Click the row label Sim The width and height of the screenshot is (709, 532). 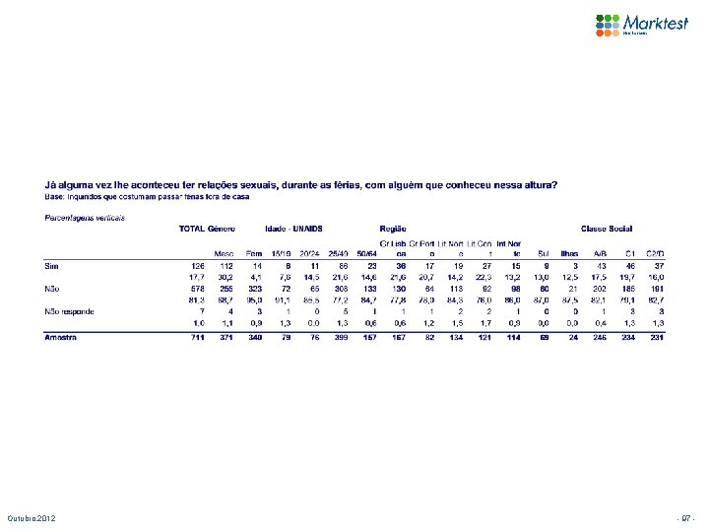click(52, 265)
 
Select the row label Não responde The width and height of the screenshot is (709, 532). click(70, 311)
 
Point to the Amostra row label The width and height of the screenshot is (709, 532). click(61, 337)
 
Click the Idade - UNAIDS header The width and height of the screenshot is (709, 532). click(293, 229)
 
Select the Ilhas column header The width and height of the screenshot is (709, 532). click(570, 252)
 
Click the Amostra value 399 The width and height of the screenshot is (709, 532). click(342, 338)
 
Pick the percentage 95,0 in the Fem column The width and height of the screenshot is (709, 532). click(252, 299)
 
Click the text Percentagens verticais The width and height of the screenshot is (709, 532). click(85, 216)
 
